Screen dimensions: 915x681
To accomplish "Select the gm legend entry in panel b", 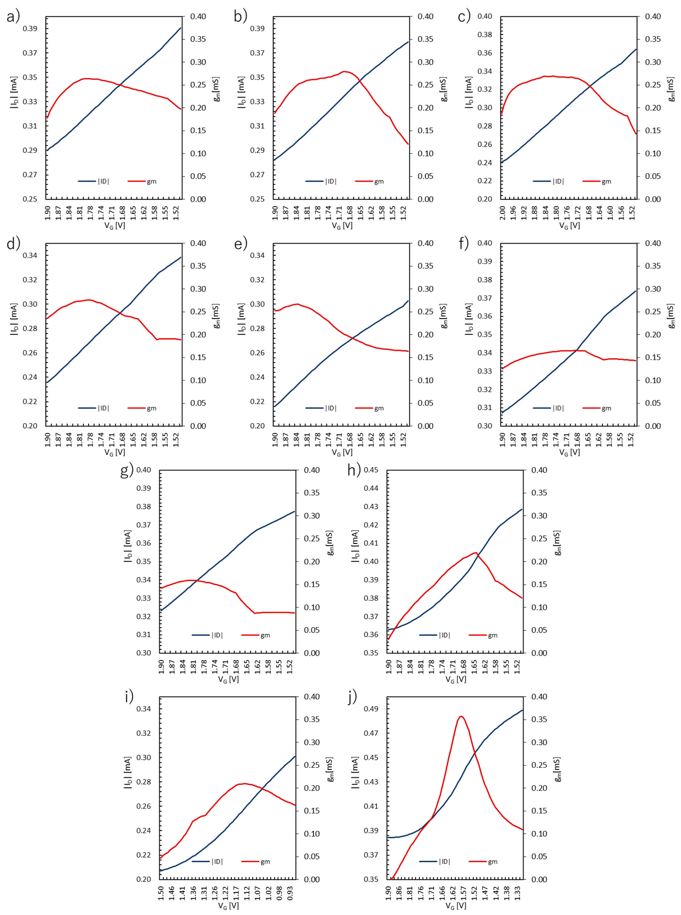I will coord(379,181).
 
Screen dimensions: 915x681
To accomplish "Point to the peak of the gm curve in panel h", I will coord(476,552).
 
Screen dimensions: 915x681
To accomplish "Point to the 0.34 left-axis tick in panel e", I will coord(258,255).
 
